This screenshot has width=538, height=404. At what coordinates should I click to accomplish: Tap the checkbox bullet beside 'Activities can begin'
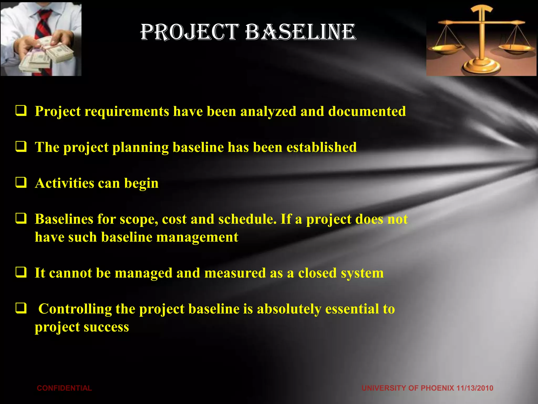(x=21, y=182)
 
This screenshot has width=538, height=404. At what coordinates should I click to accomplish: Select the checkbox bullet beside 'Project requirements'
(x=21, y=110)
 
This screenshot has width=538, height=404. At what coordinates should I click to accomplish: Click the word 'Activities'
(x=64, y=183)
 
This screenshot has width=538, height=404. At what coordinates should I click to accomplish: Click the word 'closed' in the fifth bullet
(x=317, y=273)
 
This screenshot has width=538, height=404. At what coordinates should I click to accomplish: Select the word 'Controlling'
(x=75, y=309)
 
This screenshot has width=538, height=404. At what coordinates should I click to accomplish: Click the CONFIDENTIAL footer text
(x=64, y=388)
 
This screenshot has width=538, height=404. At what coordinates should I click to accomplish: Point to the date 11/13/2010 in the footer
(x=475, y=388)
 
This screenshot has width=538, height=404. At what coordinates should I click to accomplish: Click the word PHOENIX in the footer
(x=437, y=388)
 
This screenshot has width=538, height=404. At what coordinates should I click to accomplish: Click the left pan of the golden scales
(x=446, y=49)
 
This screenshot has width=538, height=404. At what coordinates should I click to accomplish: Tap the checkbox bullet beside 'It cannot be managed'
(x=21, y=272)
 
